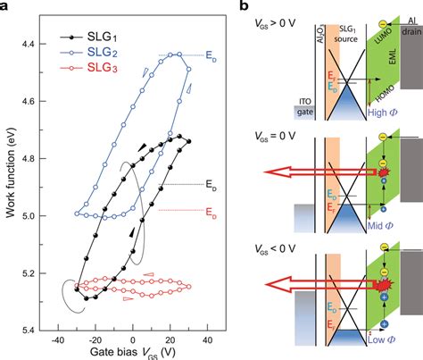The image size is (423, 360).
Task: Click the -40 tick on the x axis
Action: [x=57, y=339]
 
